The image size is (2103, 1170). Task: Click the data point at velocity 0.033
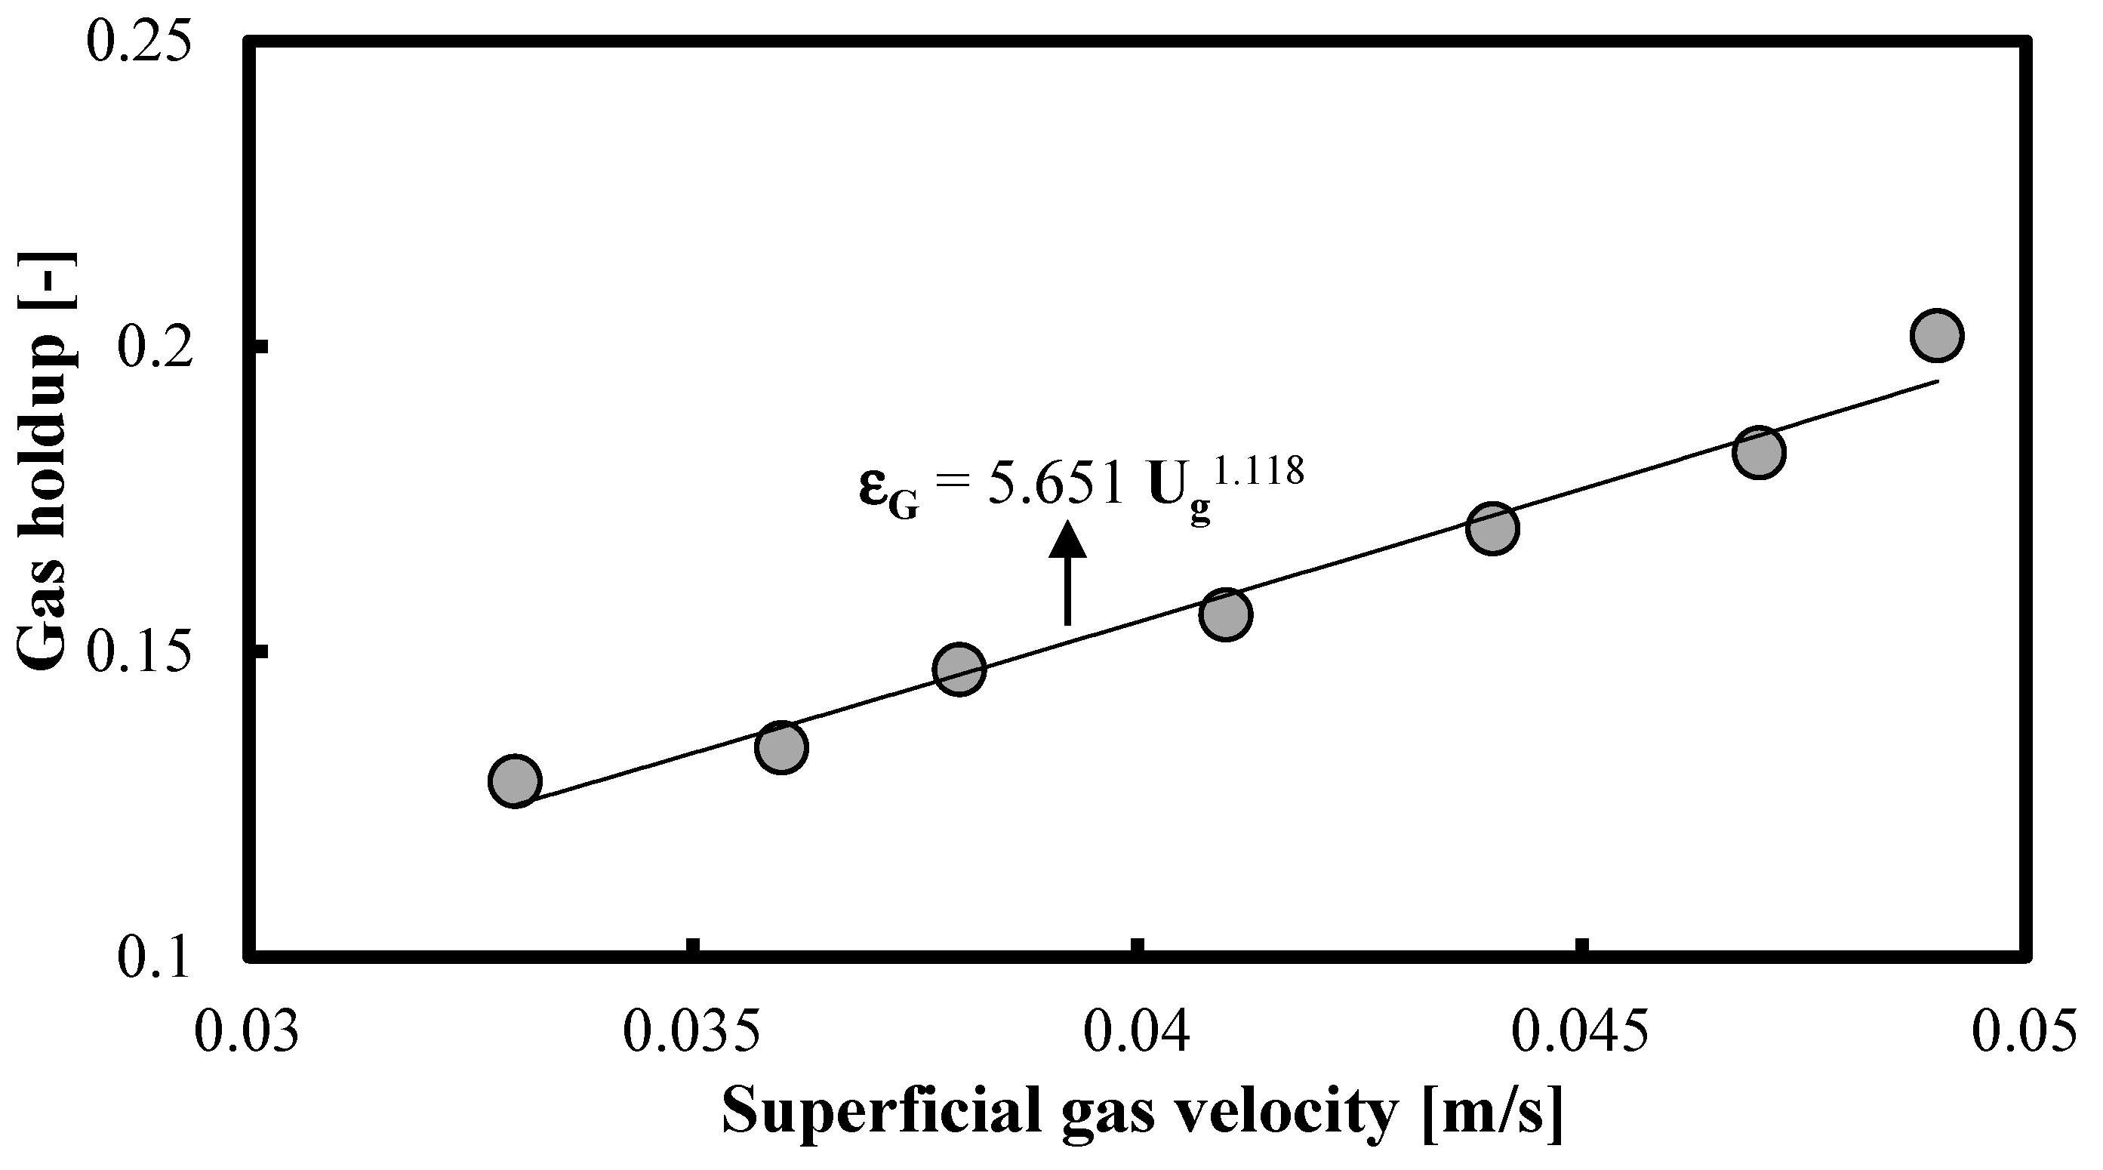(514, 781)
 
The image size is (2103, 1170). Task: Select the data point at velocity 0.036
(781, 747)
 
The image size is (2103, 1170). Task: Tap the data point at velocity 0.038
(959, 669)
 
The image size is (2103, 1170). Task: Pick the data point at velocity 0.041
(1225, 614)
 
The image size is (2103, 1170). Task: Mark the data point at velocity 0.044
(1492, 528)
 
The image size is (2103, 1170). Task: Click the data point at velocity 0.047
(1759, 451)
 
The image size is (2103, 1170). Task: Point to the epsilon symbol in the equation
(874, 488)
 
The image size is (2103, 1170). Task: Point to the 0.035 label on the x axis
(691, 1031)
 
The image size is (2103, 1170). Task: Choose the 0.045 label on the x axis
(1580, 1031)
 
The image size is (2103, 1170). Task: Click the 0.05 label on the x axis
(2023, 1031)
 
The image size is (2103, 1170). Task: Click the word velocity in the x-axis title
(1280, 1113)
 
